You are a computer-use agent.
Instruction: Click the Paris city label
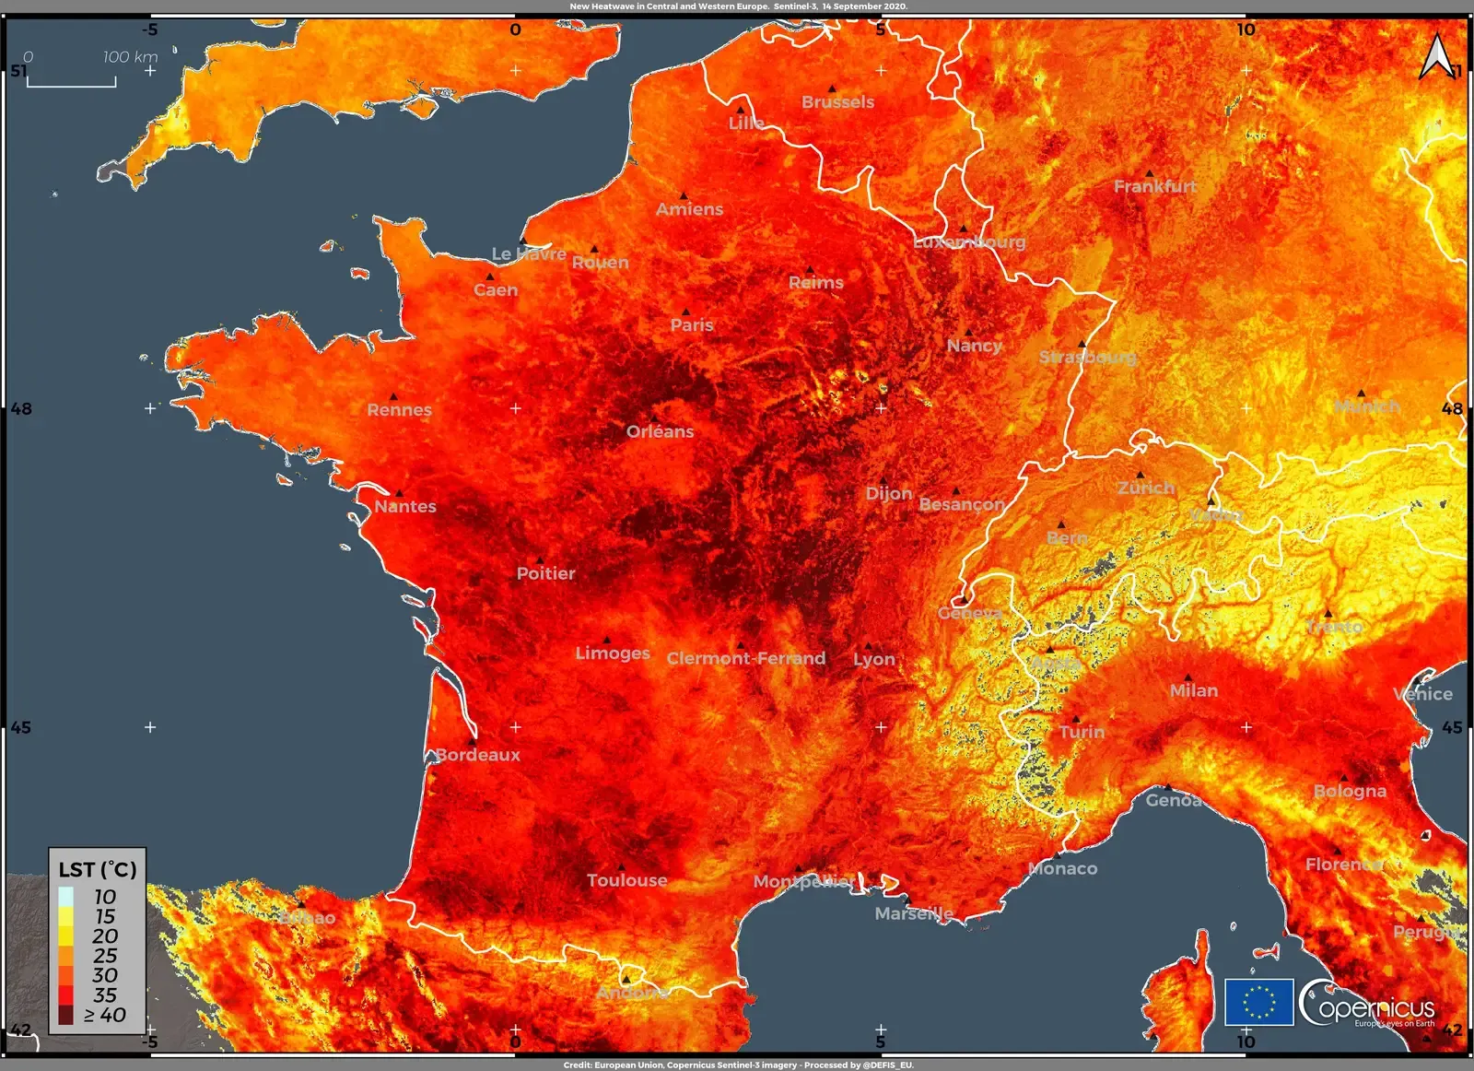click(692, 324)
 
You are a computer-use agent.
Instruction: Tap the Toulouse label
click(627, 880)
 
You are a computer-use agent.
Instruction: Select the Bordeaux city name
click(478, 755)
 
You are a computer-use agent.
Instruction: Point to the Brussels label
click(837, 102)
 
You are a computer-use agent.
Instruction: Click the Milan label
click(1194, 690)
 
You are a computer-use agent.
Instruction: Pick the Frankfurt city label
click(1155, 186)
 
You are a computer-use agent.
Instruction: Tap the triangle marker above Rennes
click(393, 396)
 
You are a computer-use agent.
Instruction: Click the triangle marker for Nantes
click(399, 493)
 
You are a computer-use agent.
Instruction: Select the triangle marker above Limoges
click(606, 640)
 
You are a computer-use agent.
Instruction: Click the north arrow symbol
click(1437, 57)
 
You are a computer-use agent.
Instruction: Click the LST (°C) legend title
click(98, 869)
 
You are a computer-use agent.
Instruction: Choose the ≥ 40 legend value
click(105, 1015)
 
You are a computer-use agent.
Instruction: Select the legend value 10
click(105, 897)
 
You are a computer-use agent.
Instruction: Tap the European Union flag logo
click(1258, 1002)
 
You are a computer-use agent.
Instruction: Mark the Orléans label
click(661, 431)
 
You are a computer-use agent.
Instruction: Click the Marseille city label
click(914, 913)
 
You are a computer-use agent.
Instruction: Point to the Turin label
click(1082, 732)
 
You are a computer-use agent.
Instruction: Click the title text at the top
click(738, 6)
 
